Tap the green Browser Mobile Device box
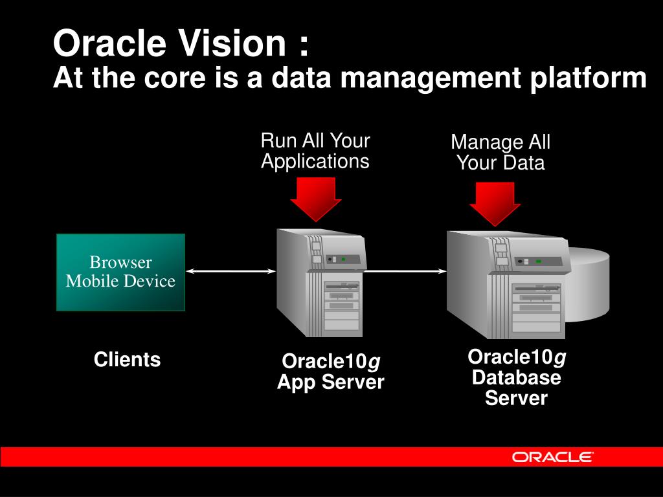[x=120, y=272]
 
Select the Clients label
[x=127, y=360]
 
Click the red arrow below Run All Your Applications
[x=315, y=197]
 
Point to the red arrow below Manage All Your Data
[x=495, y=203]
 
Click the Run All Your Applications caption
[x=315, y=150]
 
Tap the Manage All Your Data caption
[x=500, y=152]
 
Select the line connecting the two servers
[x=405, y=272]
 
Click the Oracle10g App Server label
[x=331, y=371]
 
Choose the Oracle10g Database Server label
[x=517, y=377]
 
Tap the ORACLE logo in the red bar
[x=552, y=457]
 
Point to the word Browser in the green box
[x=120, y=262]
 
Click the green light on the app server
[x=344, y=259]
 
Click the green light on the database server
[x=538, y=261]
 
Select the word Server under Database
[x=516, y=398]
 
